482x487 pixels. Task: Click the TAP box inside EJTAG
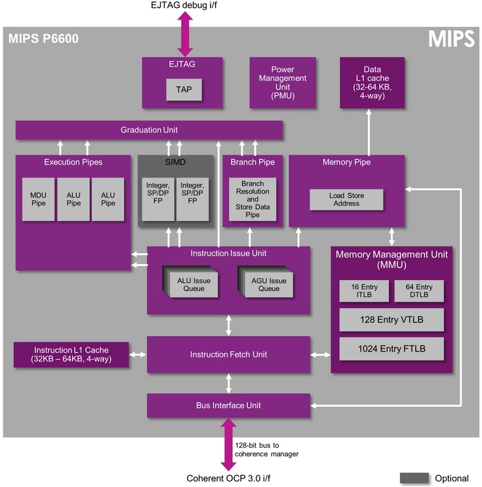[184, 90]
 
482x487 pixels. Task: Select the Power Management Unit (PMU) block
[282, 83]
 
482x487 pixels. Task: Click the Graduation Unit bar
[149, 130]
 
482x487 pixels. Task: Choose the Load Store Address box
[346, 200]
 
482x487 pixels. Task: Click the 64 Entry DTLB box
[418, 291]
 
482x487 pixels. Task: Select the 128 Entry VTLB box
[392, 320]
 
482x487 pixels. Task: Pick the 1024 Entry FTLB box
[392, 349]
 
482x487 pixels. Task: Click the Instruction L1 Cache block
[71, 355]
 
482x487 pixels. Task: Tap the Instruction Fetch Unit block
[228, 355]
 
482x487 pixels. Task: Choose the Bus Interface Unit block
[228, 406]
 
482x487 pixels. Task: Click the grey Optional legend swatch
[414, 478]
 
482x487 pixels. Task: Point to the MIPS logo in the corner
[452, 39]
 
